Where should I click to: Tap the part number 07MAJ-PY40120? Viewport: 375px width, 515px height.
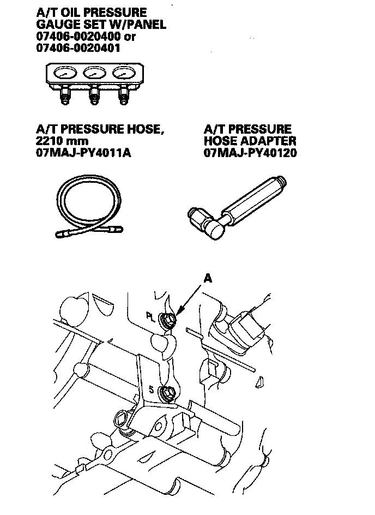(250, 153)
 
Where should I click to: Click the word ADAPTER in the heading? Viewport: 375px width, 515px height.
(267, 141)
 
